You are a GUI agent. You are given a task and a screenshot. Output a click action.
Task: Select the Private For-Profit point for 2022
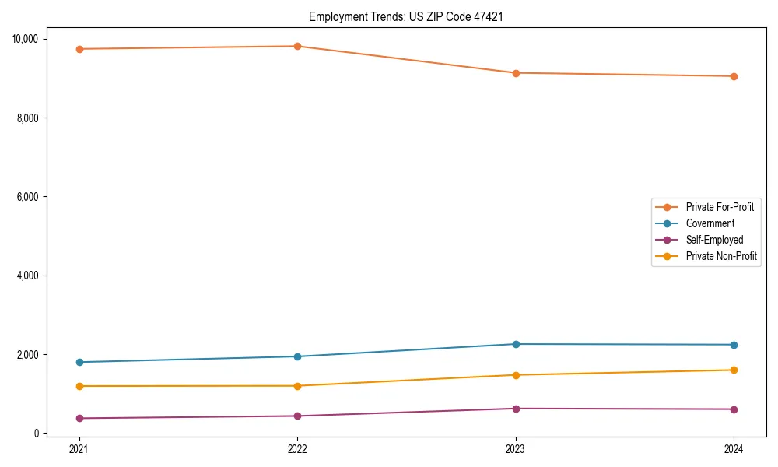click(x=297, y=46)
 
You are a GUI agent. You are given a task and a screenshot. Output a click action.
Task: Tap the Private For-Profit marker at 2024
click(x=734, y=76)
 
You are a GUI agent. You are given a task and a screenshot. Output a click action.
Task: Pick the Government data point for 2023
click(x=516, y=344)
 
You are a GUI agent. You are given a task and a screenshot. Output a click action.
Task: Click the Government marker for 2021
click(x=79, y=362)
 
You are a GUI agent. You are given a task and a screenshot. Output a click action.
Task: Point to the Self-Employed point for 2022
click(x=297, y=416)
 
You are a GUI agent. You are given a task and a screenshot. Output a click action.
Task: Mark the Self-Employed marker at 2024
click(x=734, y=409)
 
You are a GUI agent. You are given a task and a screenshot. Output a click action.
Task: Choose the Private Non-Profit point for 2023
click(x=516, y=375)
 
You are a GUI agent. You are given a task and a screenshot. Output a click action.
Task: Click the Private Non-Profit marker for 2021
click(x=79, y=386)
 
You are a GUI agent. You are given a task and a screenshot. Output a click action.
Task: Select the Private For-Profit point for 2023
click(x=516, y=73)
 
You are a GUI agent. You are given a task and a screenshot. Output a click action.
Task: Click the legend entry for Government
click(x=710, y=223)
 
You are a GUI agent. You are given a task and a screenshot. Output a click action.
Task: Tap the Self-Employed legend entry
click(x=714, y=240)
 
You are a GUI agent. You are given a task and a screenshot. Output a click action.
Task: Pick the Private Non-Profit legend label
click(x=721, y=256)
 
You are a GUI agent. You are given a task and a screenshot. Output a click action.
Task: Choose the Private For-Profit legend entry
click(x=720, y=207)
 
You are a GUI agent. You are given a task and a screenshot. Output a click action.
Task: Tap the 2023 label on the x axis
click(x=516, y=449)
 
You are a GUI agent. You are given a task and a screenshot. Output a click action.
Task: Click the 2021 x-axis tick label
click(x=79, y=449)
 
